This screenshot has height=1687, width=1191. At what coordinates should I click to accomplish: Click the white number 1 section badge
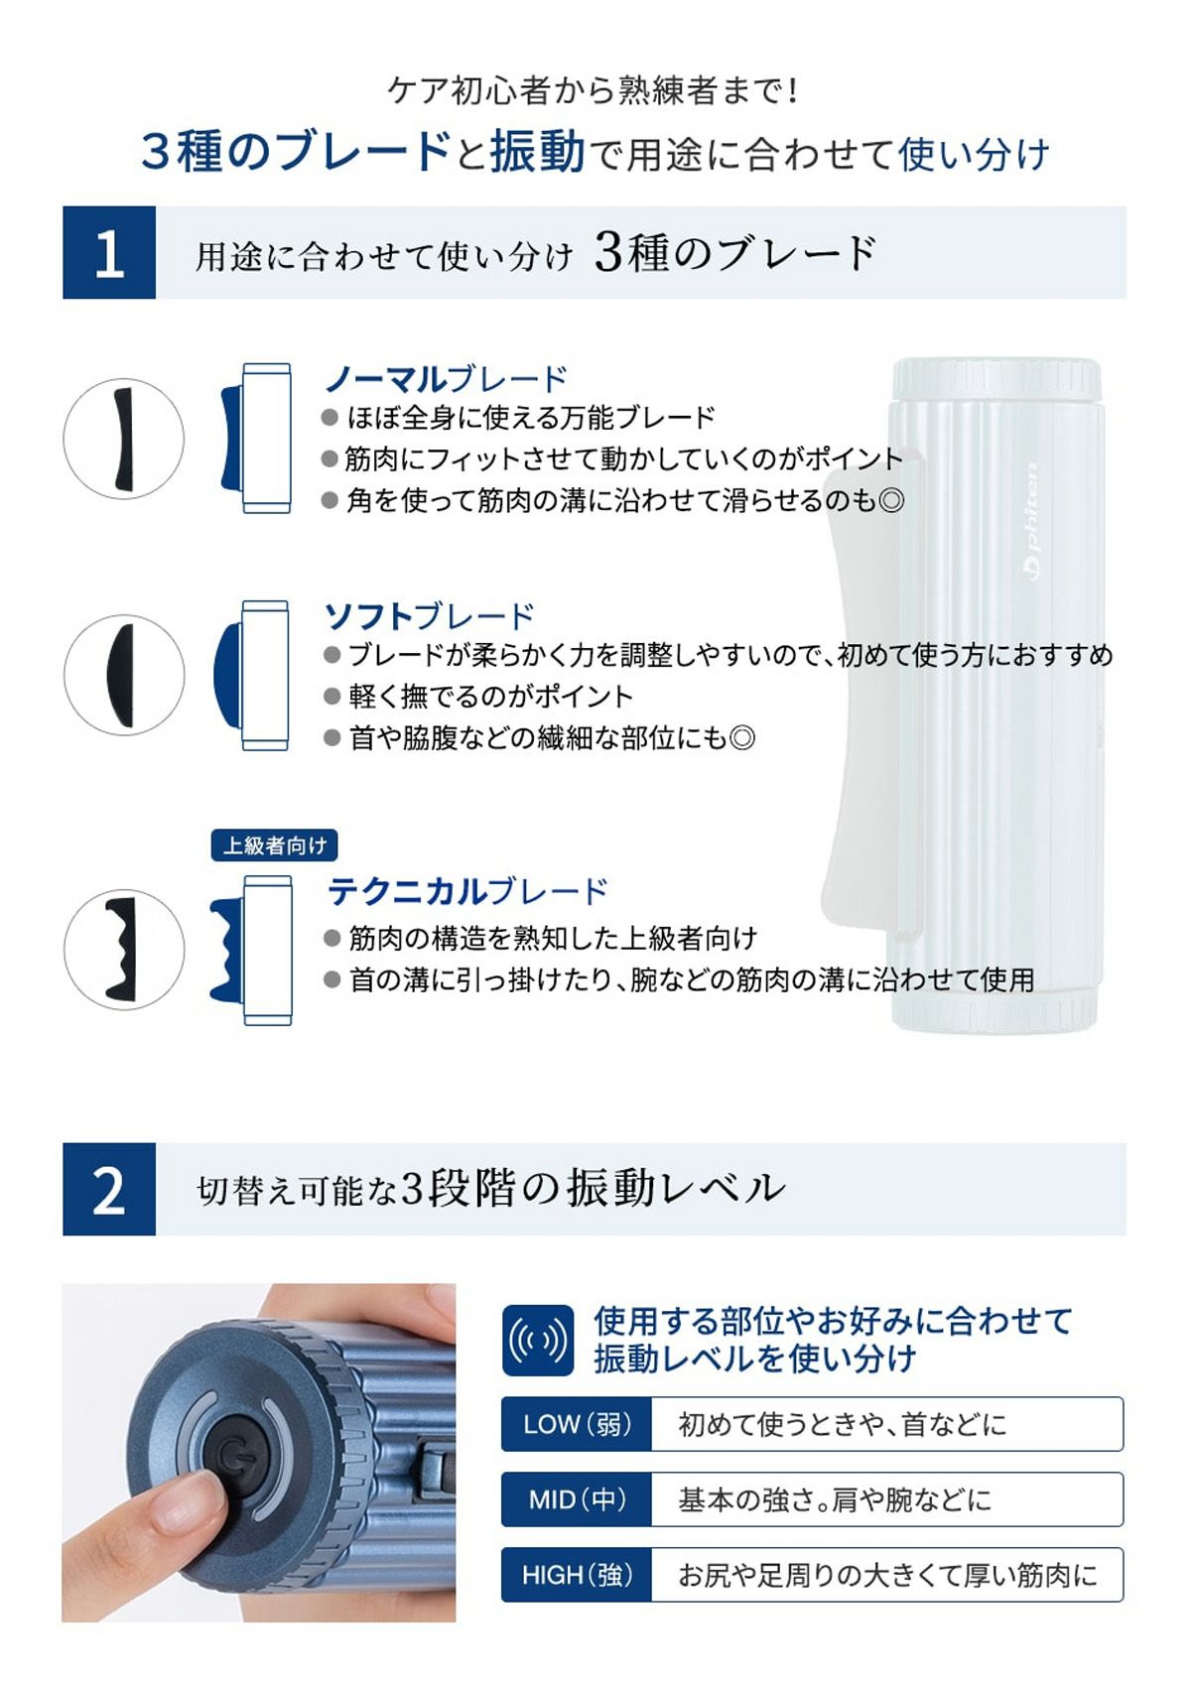coord(109,252)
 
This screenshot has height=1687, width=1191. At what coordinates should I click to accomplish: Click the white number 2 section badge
coord(109,1189)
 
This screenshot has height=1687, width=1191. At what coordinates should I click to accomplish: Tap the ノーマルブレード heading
coord(446,379)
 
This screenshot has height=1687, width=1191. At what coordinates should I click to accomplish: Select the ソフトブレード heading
coord(430,616)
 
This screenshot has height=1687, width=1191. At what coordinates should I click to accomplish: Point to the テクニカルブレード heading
coord(467,892)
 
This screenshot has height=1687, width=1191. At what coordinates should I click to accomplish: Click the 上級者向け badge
coord(274,845)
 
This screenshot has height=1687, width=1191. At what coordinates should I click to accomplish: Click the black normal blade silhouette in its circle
coord(123,438)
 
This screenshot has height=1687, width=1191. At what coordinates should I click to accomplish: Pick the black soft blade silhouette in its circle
coord(120,675)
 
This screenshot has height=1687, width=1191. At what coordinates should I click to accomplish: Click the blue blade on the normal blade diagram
coord(232,439)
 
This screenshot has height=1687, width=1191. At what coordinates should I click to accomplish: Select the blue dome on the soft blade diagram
coord(227,675)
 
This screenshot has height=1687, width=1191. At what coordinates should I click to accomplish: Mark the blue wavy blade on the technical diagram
coord(227,950)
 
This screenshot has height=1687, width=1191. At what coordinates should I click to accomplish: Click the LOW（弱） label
coord(577,1423)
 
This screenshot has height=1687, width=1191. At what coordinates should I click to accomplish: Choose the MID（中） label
coord(577,1498)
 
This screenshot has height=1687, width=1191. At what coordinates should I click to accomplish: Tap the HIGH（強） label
coord(577,1574)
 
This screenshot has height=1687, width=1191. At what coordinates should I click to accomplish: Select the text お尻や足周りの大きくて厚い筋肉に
coord(887,1575)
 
